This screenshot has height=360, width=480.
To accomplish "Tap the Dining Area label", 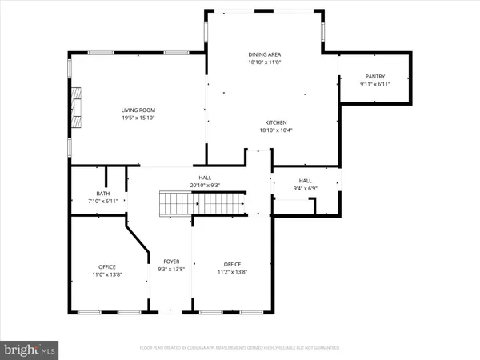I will [264, 54].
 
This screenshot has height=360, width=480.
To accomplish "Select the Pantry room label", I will [353, 77].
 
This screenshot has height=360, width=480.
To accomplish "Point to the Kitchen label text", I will [266, 122].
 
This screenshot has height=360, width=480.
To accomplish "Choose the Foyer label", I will [171, 262].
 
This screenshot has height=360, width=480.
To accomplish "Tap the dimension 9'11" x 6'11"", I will [353, 85].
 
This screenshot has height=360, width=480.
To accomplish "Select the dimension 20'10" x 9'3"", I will [205, 186].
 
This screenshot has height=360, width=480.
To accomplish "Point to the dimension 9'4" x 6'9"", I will [305, 189].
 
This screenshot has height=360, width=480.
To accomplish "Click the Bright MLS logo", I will [30, 349].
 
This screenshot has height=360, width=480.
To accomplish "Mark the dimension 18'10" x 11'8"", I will [264, 62].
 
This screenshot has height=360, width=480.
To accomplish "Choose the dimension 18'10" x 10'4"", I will [266, 130].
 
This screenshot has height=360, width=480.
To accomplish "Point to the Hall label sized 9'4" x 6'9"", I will [305, 181].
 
